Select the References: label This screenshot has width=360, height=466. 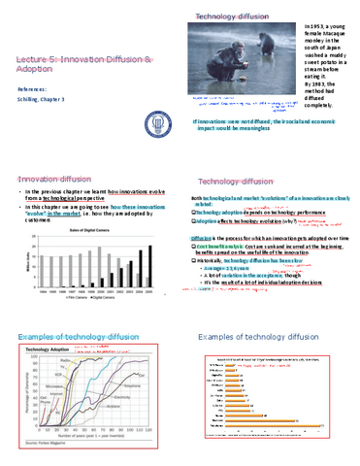[x=34, y=88]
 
